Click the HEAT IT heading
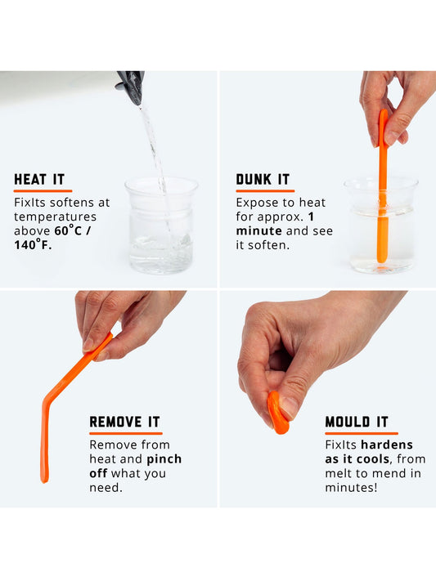click(38, 180)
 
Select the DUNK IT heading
click(264, 180)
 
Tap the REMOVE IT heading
click(124, 422)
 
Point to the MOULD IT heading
click(357, 422)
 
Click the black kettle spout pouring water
click(131, 85)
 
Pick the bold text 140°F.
click(33, 245)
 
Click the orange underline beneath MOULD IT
click(361, 433)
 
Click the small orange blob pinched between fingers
click(277, 413)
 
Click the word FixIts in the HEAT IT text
click(31, 203)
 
